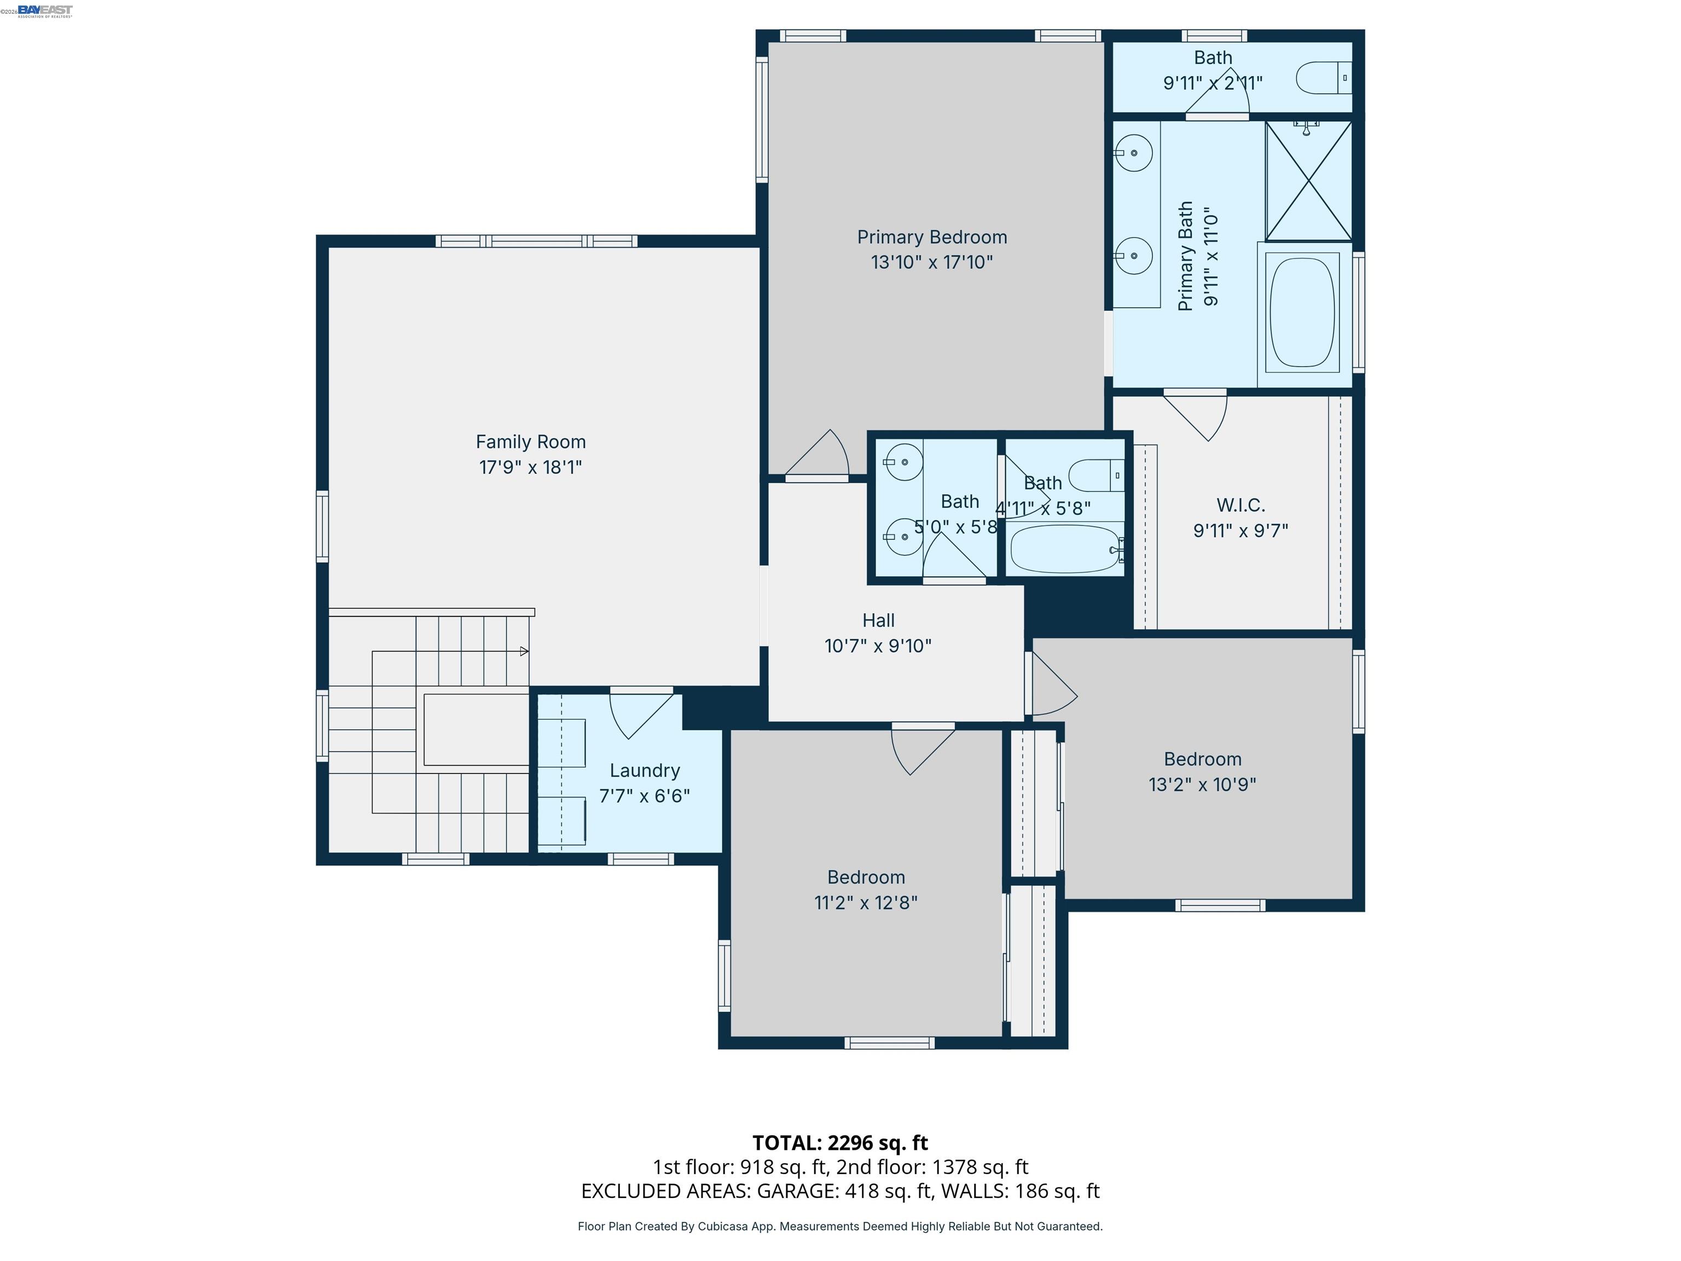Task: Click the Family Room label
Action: point(530,442)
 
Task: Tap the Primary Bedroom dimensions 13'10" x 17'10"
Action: point(932,262)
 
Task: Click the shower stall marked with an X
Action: point(1308,181)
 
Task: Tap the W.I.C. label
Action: point(1241,506)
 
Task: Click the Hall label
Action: point(878,620)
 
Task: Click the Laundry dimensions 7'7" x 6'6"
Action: point(645,796)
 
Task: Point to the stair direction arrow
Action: point(524,651)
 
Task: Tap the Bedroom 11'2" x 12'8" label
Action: point(866,877)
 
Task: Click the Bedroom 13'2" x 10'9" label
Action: point(1202,759)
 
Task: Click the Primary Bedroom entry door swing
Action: point(821,456)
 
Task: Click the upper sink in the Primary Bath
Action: point(1133,153)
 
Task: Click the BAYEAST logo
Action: point(45,10)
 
